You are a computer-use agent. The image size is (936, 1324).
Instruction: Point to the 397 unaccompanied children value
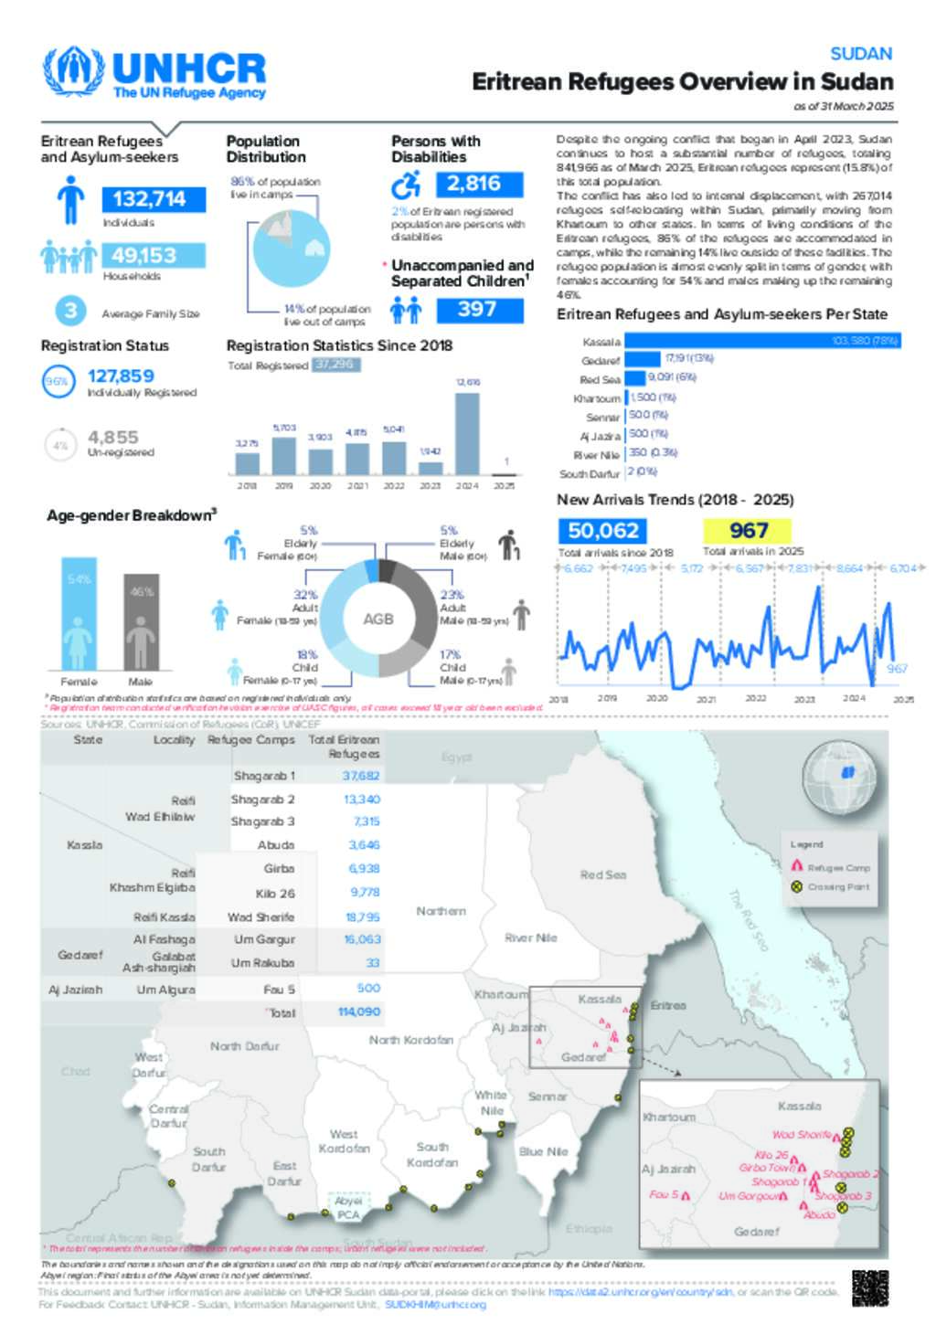click(478, 310)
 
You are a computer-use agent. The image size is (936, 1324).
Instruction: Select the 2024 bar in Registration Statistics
click(467, 433)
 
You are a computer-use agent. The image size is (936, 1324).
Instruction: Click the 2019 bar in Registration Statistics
click(284, 455)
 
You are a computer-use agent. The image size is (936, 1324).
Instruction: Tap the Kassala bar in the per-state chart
click(762, 341)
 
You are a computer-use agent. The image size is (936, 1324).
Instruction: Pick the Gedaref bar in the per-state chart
click(643, 359)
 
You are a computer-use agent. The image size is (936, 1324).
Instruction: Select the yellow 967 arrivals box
click(748, 531)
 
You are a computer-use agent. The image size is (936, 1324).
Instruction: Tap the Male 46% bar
click(141, 622)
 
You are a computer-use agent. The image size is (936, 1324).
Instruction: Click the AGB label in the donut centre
click(378, 620)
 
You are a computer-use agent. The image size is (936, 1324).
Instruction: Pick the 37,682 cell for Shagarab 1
click(361, 776)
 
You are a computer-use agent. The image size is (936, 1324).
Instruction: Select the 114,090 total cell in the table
click(358, 1012)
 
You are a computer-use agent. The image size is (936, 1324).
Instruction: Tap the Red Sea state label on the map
click(603, 874)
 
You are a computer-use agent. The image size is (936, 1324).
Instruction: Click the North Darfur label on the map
click(244, 1046)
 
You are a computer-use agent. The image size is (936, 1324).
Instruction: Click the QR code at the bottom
click(869, 1287)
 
